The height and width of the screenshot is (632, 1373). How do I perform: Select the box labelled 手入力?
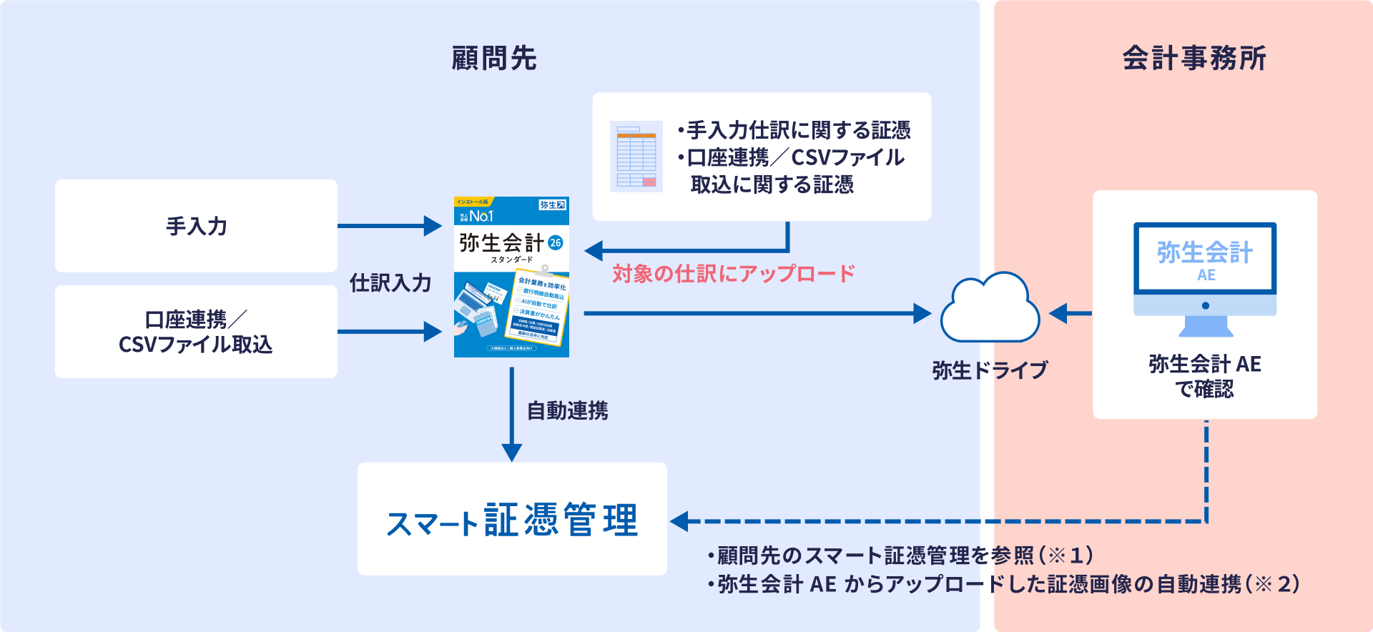(x=196, y=226)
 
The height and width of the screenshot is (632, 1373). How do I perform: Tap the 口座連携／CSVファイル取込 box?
(x=196, y=332)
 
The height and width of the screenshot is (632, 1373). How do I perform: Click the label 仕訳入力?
(x=390, y=283)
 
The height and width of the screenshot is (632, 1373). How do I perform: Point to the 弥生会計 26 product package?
(x=511, y=277)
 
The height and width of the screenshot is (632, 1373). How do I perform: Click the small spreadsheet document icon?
(x=636, y=157)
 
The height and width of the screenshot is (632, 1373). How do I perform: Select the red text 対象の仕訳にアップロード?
(x=734, y=274)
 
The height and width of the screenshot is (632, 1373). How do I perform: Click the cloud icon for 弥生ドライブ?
(x=990, y=309)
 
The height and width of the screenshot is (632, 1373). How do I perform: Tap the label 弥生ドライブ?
(x=990, y=370)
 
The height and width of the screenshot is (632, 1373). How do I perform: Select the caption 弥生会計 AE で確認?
(x=1205, y=377)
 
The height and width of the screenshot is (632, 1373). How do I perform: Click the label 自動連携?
(x=567, y=411)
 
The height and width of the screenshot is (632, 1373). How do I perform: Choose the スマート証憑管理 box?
(x=512, y=519)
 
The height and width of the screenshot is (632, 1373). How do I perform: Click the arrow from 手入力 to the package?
(x=390, y=226)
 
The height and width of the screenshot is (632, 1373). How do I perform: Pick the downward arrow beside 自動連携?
(x=511, y=415)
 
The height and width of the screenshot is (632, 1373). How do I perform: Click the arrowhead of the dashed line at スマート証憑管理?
(x=679, y=521)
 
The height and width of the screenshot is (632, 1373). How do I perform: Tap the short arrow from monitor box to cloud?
(x=1070, y=313)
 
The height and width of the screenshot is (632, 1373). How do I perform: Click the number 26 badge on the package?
(x=556, y=243)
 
